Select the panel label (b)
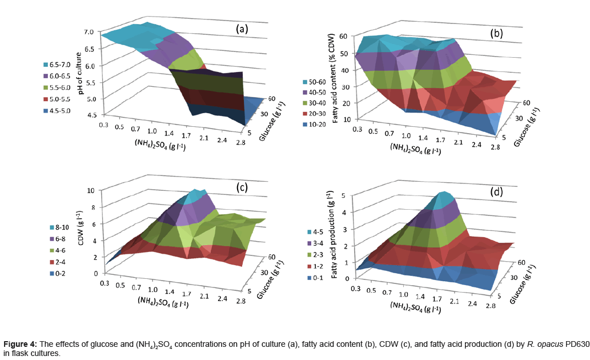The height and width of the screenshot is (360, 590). point(497,33)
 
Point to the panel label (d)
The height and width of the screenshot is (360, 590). point(497,192)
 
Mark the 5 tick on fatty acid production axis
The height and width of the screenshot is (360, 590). point(343,195)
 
